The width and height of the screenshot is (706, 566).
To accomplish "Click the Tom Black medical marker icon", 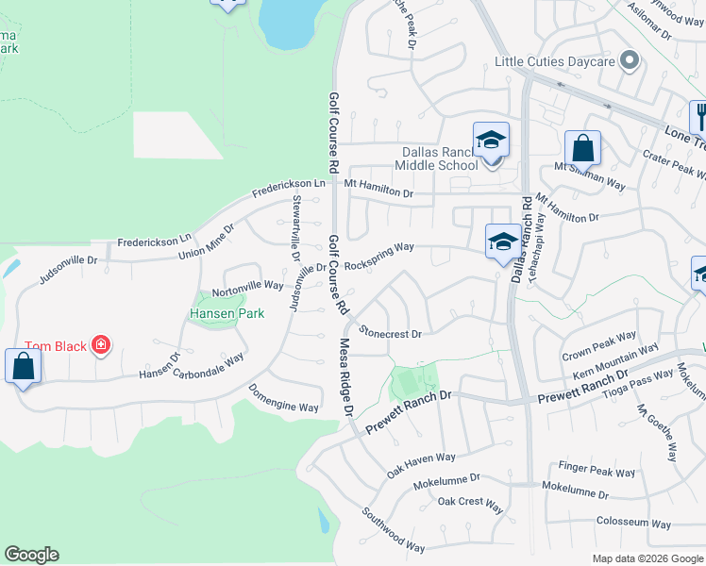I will click(101, 346).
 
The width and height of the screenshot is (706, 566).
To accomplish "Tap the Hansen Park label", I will click(227, 312).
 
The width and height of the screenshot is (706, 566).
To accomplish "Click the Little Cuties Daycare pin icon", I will click(630, 62).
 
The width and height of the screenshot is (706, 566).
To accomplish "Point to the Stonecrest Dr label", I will click(390, 333).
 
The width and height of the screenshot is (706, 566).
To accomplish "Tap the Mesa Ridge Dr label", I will click(345, 376).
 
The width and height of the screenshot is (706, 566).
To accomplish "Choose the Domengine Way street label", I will click(284, 398).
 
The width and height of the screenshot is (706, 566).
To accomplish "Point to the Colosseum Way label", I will click(633, 524).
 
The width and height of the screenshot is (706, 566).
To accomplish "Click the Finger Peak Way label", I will click(597, 469).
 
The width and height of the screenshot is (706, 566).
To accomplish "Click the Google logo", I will click(31, 555).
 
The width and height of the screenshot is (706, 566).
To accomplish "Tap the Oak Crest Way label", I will click(470, 502).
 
